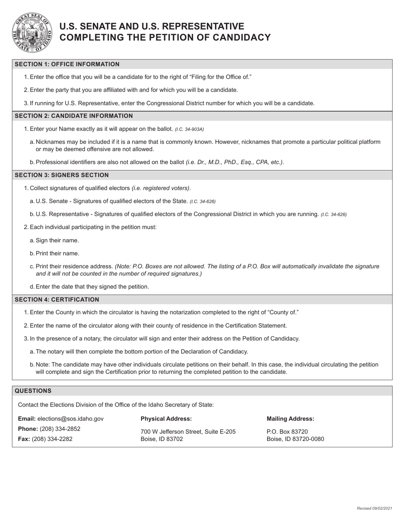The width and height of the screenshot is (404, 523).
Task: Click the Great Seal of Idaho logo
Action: tap(32, 33)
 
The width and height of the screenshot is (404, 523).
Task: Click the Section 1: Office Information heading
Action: tap(67, 64)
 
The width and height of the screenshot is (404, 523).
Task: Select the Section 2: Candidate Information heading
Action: tap(74, 116)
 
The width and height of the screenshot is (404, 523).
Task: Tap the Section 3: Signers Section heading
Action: tap(62, 175)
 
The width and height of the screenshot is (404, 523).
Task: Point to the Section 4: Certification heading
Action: tap(57, 299)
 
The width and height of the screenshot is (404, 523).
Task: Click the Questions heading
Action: tap(33, 391)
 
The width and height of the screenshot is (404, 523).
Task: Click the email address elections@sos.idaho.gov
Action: tap(70, 419)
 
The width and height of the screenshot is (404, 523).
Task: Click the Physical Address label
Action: tap(166, 419)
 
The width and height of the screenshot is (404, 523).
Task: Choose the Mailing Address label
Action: tap(290, 419)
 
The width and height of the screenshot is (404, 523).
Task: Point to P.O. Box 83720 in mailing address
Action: tap(287, 432)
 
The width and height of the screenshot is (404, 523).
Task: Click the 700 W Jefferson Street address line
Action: tap(188, 432)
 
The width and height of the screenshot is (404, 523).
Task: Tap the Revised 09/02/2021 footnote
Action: tap(374, 509)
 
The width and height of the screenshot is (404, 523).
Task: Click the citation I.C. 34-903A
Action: tap(189, 129)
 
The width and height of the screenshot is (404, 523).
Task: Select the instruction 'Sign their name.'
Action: tap(57, 240)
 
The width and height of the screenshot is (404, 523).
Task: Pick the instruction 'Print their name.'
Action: tap(57, 253)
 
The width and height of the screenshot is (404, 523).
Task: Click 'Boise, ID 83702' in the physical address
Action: tap(162, 439)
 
